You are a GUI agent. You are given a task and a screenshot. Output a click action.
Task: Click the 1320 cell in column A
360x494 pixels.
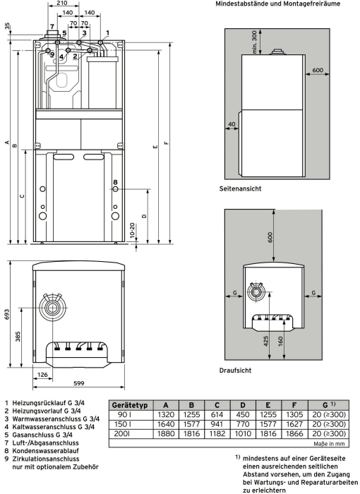pyautogui.click(x=166, y=415)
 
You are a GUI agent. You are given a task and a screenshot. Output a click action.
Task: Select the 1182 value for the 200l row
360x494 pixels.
pyautogui.click(x=217, y=434)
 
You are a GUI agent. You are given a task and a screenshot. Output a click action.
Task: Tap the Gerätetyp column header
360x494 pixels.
pyautogui.click(x=130, y=405)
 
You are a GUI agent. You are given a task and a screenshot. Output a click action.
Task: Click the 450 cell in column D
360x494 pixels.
pyautogui.click(x=243, y=415)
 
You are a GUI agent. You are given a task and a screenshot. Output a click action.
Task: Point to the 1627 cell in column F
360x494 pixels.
pyautogui.click(x=294, y=424)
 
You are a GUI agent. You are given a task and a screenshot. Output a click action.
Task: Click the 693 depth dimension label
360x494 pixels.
pyautogui.click(x=6, y=315)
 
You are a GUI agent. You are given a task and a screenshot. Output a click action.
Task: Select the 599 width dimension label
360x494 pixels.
pyautogui.click(x=79, y=383)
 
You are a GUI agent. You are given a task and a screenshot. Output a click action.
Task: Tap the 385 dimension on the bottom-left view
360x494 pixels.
pyautogui.click(x=18, y=337)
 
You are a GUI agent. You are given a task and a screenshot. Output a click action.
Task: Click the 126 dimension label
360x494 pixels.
pyautogui.click(x=42, y=375)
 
